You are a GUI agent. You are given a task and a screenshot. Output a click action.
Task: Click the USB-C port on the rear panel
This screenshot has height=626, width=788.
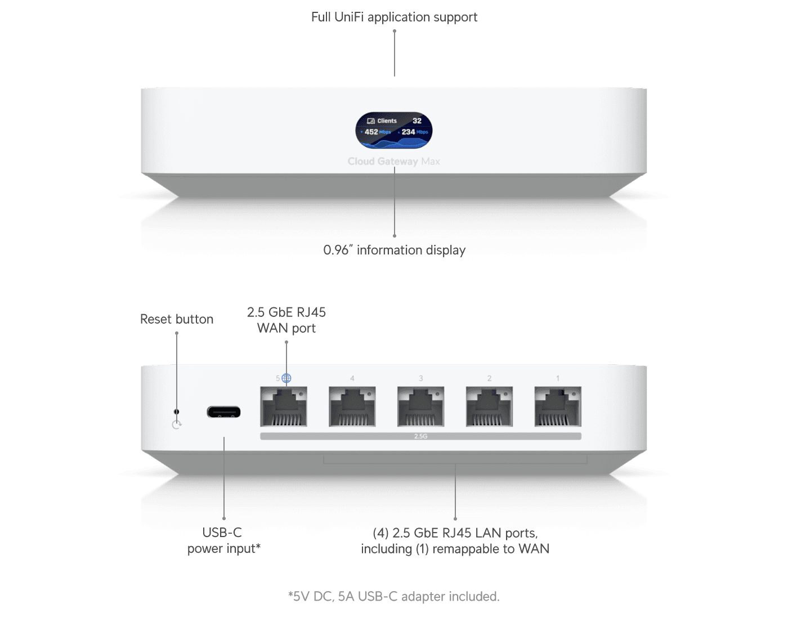223,412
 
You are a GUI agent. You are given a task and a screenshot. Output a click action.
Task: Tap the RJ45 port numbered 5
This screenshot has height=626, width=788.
284,406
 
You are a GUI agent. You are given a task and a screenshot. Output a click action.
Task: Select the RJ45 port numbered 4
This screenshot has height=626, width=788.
352,406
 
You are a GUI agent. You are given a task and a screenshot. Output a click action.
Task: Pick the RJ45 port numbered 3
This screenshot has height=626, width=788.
421,406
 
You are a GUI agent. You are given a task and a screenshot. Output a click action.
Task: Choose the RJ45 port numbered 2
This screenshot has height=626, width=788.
489,406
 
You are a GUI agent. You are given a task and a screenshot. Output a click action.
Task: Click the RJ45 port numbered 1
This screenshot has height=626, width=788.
558,406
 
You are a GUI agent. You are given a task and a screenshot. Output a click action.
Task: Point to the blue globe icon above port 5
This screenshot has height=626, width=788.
286,378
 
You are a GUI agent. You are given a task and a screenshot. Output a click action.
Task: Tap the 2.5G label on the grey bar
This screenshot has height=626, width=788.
420,436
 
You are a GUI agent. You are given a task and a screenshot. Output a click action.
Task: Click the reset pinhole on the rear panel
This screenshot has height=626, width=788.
177,412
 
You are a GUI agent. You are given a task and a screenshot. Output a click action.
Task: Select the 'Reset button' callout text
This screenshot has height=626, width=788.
177,319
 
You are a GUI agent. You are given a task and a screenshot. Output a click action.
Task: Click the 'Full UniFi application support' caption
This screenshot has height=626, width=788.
394,17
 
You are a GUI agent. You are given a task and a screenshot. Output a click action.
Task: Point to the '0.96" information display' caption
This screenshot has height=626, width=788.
394,250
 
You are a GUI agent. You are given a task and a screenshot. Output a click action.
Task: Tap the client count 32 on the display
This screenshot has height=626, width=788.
417,120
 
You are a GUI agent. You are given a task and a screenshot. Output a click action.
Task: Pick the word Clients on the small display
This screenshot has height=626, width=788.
387,120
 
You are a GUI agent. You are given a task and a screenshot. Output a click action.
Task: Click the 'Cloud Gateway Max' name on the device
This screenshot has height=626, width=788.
393,162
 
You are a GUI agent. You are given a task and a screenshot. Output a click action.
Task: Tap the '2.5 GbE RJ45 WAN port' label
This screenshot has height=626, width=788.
286,320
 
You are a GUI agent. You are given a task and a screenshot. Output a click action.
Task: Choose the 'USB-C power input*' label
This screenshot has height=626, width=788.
223,540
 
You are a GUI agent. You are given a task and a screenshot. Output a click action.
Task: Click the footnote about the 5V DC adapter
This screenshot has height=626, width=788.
393,596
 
